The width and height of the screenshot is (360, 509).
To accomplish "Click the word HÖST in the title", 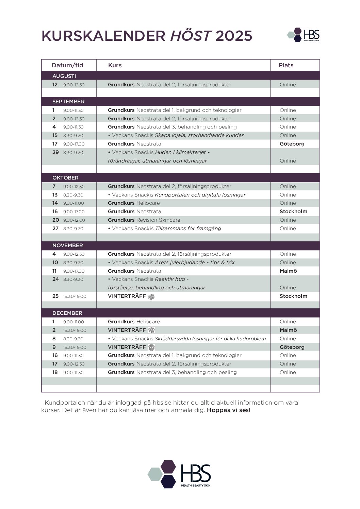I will tap(191, 36).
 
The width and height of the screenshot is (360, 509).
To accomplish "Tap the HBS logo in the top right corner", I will tap(304, 35).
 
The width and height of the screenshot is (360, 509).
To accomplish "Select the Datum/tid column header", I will tap(67, 65).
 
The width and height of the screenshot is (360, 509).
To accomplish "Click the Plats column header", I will tap(286, 65).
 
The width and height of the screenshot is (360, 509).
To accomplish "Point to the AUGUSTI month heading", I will tap(64, 76).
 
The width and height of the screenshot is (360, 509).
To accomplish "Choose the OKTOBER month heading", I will tap(65, 178).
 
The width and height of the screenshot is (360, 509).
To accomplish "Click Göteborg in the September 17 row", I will tap(292, 144).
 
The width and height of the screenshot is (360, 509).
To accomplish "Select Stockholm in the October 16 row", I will tap(293, 211).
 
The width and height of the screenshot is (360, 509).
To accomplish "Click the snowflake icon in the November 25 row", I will tap(151, 296).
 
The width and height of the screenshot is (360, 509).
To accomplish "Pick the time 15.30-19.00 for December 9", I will tap(75, 347).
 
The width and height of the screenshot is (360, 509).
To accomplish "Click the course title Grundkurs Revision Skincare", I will tap(144, 220).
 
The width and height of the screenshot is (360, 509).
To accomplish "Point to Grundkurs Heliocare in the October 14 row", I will tap(134, 203).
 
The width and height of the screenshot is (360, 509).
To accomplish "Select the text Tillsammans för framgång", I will tap(188, 228).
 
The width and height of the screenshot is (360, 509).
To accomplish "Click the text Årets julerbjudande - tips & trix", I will tap(195, 262).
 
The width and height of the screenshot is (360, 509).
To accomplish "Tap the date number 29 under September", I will tap(55, 152).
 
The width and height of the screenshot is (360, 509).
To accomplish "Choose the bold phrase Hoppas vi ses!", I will tap(229, 410).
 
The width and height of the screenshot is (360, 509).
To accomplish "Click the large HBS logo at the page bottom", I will tap(179, 474).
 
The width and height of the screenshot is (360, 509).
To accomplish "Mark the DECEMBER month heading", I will tap(67, 313).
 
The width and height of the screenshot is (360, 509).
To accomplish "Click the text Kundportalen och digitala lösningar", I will tap(200, 195).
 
